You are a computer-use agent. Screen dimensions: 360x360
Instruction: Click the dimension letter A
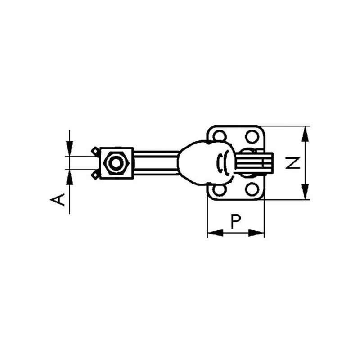pyautogui.click(x=58, y=199)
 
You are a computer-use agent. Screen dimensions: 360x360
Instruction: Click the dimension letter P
pyautogui.click(x=236, y=222)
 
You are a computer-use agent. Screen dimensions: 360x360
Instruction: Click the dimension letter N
pyautogui.click(x=293, y=163)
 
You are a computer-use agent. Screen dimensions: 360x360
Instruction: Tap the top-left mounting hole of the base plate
pyautogui.click(x=219, y=136)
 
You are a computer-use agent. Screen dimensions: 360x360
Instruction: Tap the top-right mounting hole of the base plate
pyautogui.click(x=252, y=137)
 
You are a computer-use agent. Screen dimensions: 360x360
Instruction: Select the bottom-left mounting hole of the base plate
pyautogui.click(x=219, y=190)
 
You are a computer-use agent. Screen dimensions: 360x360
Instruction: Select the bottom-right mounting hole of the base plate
pyautogui.click(x=252, y=189)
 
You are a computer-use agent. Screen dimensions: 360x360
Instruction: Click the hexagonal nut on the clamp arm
pyautogui.click(x=117, y=163)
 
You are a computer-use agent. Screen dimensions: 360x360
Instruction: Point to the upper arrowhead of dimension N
pyautogui.click(x=305, y=134)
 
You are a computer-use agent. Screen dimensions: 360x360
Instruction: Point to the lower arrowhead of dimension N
pyautogui.click(x=305, y=192)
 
